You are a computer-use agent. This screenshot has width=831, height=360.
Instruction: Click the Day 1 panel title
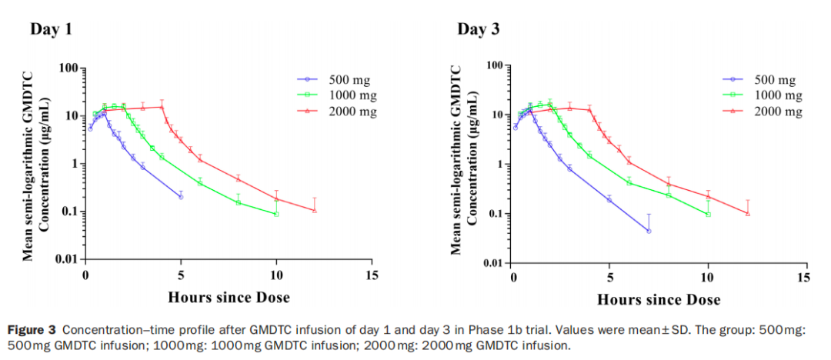coord(52,29)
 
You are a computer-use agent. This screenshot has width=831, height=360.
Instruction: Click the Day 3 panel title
coord(479,29)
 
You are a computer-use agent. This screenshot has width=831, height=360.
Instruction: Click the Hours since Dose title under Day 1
coord(229,297)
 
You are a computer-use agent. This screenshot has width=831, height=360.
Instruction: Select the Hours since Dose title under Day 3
coord(659,299)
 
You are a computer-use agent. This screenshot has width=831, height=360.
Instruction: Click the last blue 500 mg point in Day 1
coord(181,197)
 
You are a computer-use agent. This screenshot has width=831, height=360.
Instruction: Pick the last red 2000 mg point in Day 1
coord(315,210)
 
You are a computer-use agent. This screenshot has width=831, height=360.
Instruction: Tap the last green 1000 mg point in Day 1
coord(276,214)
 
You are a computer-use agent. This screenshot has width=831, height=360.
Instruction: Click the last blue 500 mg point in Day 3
coord(649,231)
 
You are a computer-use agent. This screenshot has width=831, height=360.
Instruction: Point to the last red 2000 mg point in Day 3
coord(748,213)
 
